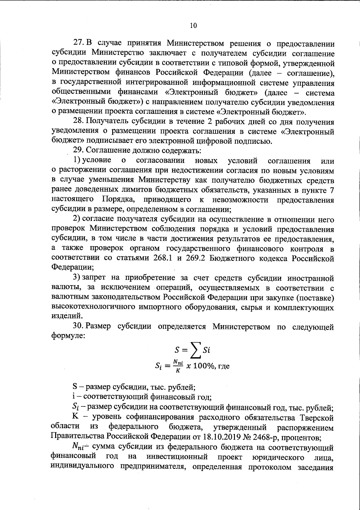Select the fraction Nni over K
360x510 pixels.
[x=178, y=366]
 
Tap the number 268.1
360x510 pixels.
[x=162, y=258]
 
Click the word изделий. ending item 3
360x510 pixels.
[x=64, y=316]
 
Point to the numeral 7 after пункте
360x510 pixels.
[x=331, y=190]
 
